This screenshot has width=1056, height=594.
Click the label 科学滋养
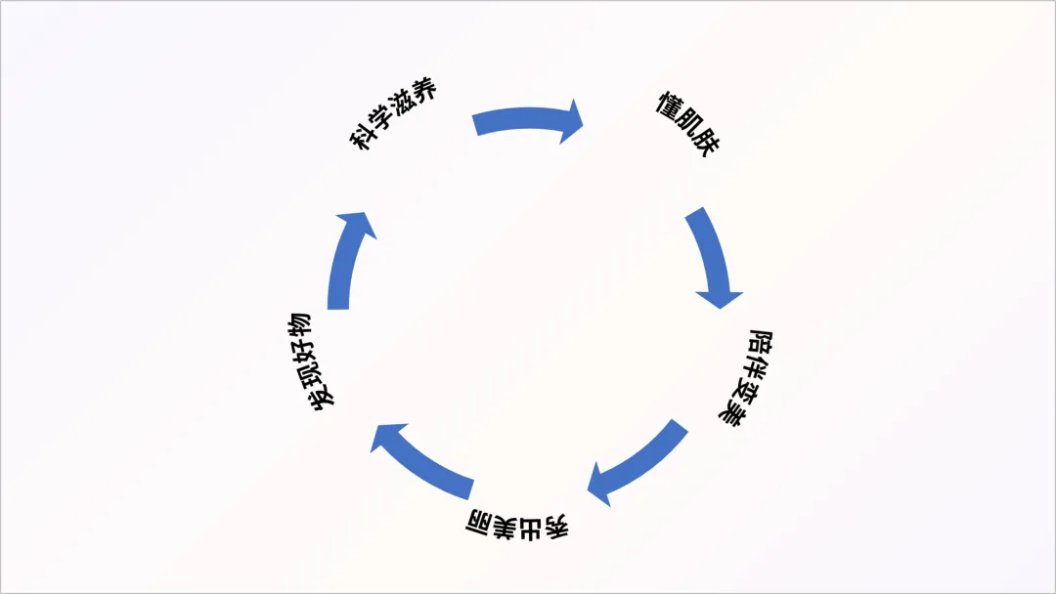click(394, 114)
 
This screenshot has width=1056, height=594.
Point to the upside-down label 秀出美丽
click(515, 525)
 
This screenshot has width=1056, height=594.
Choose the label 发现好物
click(311, 361)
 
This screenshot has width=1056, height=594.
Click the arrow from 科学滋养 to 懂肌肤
click(523, 121)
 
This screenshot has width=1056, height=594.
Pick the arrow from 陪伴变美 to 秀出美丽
click(636, 463)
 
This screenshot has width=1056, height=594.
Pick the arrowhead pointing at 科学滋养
click(356, 223)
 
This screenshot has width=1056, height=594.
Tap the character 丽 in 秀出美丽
click(480, 518)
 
